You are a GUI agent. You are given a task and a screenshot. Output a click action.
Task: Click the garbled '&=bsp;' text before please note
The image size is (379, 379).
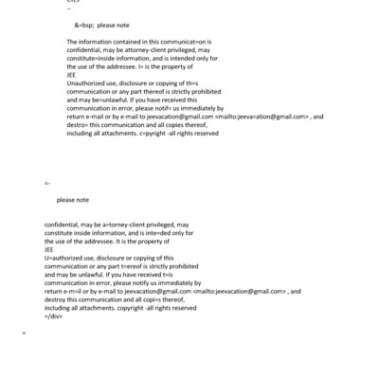coord(82,25)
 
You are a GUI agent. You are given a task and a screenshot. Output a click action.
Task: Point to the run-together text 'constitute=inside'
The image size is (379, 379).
coord(100,61)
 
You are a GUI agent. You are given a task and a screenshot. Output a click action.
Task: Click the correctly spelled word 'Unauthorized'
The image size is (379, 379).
coord(88,85)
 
